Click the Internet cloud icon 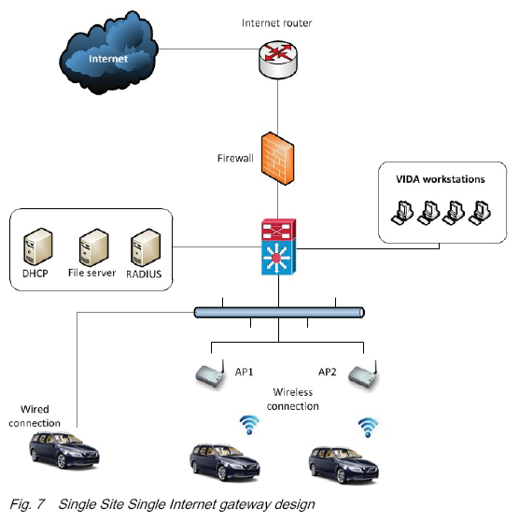click(108, 53)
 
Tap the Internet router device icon click(278, 59)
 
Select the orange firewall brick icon click(278, 158)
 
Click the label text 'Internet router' click(277, 23)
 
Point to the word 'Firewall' click(235, 158)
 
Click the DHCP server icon click(38, 246)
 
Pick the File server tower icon click(93, 247)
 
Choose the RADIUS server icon click(146, 247)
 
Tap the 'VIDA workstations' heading click(441, 179)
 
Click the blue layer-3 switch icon click(278, 258)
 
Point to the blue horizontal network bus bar click(279, 313)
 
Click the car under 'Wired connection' click(63, 450)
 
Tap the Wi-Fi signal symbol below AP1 click(249, 425)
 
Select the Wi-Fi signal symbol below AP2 click(368, 428)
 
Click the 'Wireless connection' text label click(293, 399)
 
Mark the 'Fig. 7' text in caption click(27, 503)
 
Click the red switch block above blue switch click(278, 230)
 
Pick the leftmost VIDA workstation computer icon click(402, 213)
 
